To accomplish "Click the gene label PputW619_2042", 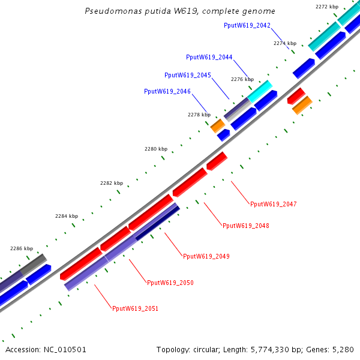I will (247, 25).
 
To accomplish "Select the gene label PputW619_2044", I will (209, 57).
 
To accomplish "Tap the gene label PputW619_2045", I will (188, 75).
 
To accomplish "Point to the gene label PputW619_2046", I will (167, 91).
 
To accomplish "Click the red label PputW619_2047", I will (273, 204).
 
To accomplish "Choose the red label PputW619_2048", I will (245, 226).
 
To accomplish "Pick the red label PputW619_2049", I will (206, 256).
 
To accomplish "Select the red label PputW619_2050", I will (170, 283).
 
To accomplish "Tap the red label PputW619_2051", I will (135, 308).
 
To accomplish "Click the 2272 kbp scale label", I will (327, 7).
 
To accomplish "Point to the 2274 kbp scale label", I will (285, 43).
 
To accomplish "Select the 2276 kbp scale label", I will (242, 79).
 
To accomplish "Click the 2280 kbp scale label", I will (156, 149).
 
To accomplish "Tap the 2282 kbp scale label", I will (111, 183).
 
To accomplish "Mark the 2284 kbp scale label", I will (67, 216).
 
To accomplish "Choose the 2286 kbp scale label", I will (22, 248).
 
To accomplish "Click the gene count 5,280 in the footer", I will (343, 349).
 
